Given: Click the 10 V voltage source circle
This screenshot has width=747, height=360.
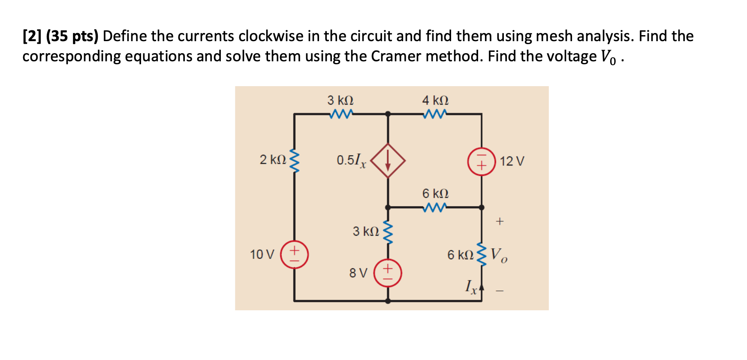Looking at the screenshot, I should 294,255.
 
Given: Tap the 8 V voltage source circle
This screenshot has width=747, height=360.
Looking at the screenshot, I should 388,273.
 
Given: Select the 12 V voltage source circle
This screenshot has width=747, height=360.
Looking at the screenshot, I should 481,162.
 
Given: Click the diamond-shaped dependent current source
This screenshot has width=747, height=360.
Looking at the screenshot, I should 388,161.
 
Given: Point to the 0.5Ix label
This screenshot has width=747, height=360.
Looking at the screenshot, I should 351,161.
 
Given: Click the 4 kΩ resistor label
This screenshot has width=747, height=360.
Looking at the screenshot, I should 435,100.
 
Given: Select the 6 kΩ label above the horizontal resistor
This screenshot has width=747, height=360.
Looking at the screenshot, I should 435,193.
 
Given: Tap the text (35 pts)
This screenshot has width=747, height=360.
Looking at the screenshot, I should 72,36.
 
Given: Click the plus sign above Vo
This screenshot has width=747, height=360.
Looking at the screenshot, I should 500,222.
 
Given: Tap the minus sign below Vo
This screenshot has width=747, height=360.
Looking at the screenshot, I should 500,291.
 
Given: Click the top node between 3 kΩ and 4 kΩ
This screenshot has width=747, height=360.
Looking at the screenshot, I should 388,114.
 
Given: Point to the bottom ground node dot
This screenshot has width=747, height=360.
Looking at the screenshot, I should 388,301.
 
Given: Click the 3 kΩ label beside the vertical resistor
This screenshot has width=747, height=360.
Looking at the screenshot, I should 366,231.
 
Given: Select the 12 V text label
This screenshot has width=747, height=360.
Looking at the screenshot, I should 512,162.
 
